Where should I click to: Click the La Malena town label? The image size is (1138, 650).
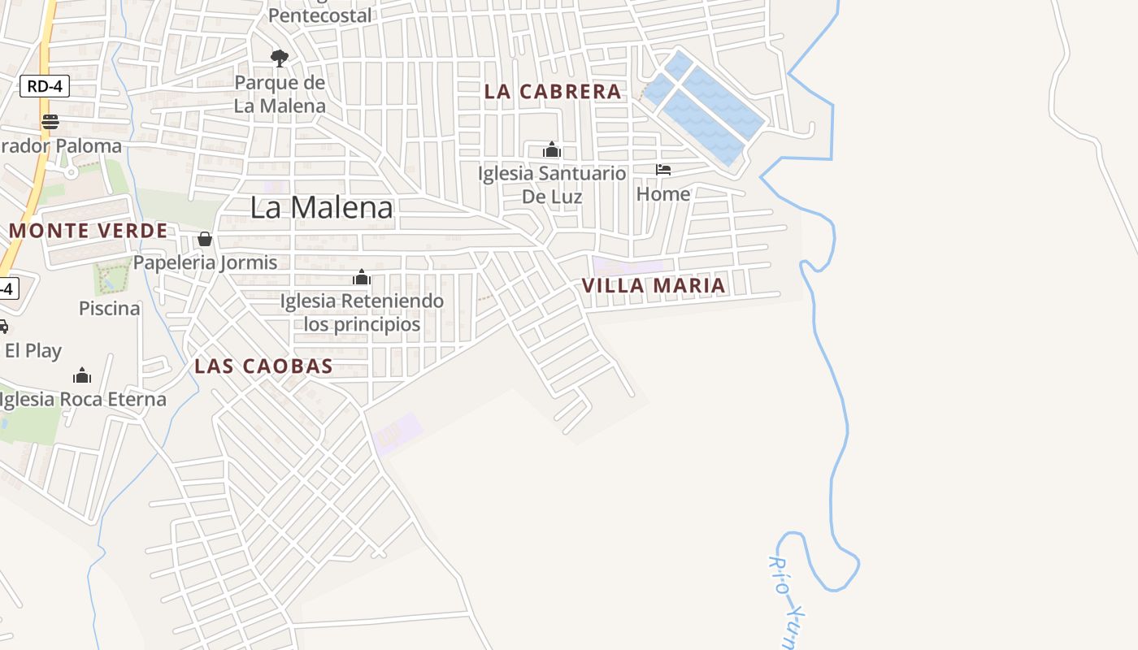(x=321, y=207)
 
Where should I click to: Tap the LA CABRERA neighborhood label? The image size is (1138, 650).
(x=553, y=92)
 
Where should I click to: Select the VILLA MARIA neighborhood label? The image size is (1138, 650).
(x=654, y=285)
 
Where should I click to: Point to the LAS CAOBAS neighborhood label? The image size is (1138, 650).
(x=263, y=366)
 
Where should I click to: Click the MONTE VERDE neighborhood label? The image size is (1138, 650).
(x=89, y=231)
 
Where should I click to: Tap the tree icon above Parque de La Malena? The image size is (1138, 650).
(x=280, y=58)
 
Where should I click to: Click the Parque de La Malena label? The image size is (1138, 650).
(x=280, y=94)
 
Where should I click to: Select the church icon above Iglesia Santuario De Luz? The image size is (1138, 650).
(x=552, y=149)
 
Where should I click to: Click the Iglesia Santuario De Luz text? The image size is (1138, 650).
(x=552, y=184)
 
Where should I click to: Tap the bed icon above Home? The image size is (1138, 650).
(x=663, y=170)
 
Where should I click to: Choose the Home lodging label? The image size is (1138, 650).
(x=663, y=194)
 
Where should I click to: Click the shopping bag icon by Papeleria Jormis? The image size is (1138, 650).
(x=205, y=239)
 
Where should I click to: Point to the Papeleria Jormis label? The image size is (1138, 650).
(x=206, y=262)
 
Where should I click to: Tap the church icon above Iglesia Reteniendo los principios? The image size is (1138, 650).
(x=362, y=278)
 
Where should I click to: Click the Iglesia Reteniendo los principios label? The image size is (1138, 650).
(x=362, y=313)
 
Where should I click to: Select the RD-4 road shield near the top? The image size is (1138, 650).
(x=45, y=86)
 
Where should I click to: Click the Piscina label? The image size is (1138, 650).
(x=110, y=309)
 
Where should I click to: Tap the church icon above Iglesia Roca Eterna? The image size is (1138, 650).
(x=82, y=375)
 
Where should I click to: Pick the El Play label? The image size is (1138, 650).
(x=33, y=351)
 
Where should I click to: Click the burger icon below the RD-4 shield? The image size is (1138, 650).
(x=50, y=122)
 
